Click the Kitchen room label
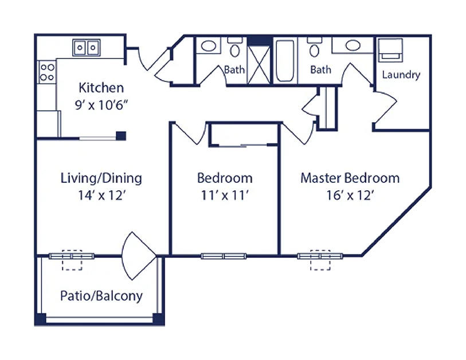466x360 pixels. click(101, 88)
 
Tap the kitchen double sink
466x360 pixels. click(87, 48)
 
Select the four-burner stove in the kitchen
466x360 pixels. click(47, 72)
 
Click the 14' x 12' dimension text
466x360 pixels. click(102, 195)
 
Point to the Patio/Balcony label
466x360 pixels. click(101, 296)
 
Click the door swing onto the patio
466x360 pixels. click(139, 256)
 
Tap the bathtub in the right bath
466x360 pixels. click(285, 61)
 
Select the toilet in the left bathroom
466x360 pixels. click(235, 48)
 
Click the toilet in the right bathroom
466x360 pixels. click(315, 48)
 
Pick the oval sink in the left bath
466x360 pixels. click(209, 46)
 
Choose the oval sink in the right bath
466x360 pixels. click(353, 45)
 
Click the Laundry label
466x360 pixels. click(401, 75)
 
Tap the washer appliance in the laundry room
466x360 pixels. click(390, 50)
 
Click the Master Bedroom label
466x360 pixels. click(350, 178)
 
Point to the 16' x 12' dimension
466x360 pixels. click(350, 195)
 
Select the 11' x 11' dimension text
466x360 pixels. click(225, 195)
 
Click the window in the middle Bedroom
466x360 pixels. click(224, 256)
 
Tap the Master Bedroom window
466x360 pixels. click(320, 256)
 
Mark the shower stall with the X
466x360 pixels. click(259, 65)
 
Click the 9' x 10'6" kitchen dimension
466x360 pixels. click(101, 105)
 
